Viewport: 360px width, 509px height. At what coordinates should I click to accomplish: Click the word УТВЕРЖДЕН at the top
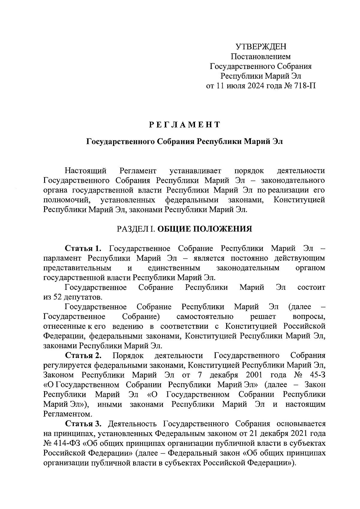[x=261, y=46]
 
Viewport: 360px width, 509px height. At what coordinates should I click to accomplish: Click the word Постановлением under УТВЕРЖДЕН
[x=261, y=56]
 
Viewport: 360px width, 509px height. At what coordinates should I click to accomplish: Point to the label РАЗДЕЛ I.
[x=136, y=229]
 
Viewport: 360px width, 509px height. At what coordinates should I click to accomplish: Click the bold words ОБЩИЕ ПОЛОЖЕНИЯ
[x=205, y=229]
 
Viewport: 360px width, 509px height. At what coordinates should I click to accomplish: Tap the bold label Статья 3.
[x=84, y=424]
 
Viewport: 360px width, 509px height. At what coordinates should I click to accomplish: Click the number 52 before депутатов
[x=58, y=297]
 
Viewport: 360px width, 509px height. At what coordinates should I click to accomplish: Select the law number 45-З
[x=317, y=375]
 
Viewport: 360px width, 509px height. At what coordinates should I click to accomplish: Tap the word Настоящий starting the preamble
[x=86, y=171]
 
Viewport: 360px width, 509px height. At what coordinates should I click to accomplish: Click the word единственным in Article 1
[x=174, y=268]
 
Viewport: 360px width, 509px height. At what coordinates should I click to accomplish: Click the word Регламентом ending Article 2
[x=67, y=414]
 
